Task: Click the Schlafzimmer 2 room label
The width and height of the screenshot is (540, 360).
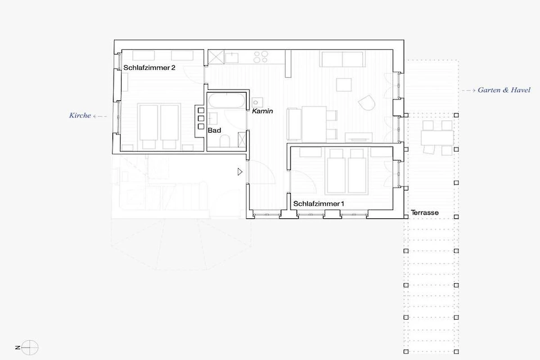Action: point(149,67)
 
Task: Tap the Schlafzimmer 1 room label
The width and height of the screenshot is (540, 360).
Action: point(319,204)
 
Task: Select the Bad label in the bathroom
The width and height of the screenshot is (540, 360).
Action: point(214,130)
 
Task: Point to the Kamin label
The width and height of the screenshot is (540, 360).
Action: point(262,111)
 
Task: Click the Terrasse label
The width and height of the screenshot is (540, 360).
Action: point(424,213)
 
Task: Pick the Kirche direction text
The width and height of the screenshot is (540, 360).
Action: point(80,116)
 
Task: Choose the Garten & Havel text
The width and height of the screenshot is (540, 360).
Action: point(504,90)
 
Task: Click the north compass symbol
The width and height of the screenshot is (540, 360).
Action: point(30,348)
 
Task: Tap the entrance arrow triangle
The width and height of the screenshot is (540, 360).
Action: point(239,172)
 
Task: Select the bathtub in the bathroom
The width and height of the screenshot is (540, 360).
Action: point(227,100)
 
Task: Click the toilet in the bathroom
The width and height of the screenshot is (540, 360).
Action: point(225,141)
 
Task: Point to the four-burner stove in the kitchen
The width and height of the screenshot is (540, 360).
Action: point(261,57)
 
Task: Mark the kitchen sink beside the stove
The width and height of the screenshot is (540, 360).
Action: point(232,58)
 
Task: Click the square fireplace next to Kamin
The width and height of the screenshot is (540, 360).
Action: point(257,103)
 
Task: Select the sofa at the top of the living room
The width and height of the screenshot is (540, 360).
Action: point(342,58)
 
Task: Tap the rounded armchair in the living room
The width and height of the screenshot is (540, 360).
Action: point(367,103)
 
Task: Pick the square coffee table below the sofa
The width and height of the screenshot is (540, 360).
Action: point(344,85)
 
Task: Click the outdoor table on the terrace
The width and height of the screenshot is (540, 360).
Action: point(437,138)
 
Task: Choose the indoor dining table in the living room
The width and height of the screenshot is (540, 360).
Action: point(314,124)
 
